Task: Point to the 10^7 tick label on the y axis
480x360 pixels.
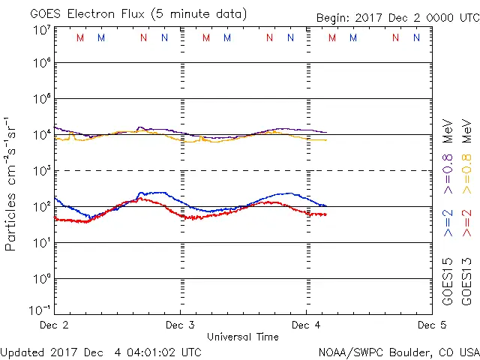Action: pyautogui.click(x=41, y=30)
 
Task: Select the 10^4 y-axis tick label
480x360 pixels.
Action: pyautogui.click(x=41, y=134)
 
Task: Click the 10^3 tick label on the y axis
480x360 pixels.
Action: pyautogui.click(x=41, y=170)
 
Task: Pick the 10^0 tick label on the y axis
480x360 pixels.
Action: pyautogui.click(x=41, y=278)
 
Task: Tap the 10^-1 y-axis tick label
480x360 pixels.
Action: pyautogui.click(x=40, y=308)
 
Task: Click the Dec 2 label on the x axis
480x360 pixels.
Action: pyautogui.click(x=54, y=325)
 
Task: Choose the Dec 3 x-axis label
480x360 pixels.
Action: pyautogui.click(x=180, y=325)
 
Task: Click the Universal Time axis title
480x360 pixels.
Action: pyautogui.click(x=243, y=337)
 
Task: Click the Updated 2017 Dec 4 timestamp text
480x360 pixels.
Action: pyautogui.click(x=100, y=351)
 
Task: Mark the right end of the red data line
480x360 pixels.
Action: pyautogui.click(x=326, y=214)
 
